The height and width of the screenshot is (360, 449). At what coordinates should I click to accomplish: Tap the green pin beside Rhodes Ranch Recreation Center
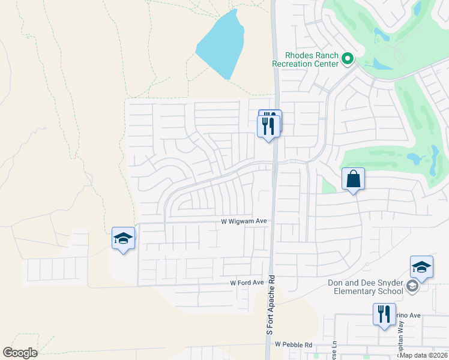pyautogui.click(x=347, y=59)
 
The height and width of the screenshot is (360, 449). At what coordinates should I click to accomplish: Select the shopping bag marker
pyautogui.click(x=353, y=179)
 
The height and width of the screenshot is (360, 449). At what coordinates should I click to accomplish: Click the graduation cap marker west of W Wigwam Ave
pyautogui.click(x=123, y=239)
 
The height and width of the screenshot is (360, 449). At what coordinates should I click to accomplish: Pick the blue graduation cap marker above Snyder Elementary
pyautogui.click(x=421, y=267)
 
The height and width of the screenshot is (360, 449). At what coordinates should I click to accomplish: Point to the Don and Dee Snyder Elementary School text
pyautogui.click(x=365, y=287)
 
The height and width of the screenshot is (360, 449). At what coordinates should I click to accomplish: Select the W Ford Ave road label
pyautogui.click(x=247, y=283)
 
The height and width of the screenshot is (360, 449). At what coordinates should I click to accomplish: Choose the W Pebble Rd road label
pyautogui.click(x=294, y=345)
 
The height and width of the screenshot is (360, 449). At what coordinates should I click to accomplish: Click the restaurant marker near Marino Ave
pyautogui.click(x=384, y=315)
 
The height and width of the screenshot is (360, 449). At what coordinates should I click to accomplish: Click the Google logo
pyautogui.click(x=20, y=353)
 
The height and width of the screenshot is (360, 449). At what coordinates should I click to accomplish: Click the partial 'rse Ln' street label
pyautogui.click(x=334, y=349)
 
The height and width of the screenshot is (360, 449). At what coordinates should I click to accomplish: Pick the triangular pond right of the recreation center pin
pyautogui.click(x=377, y=62)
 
